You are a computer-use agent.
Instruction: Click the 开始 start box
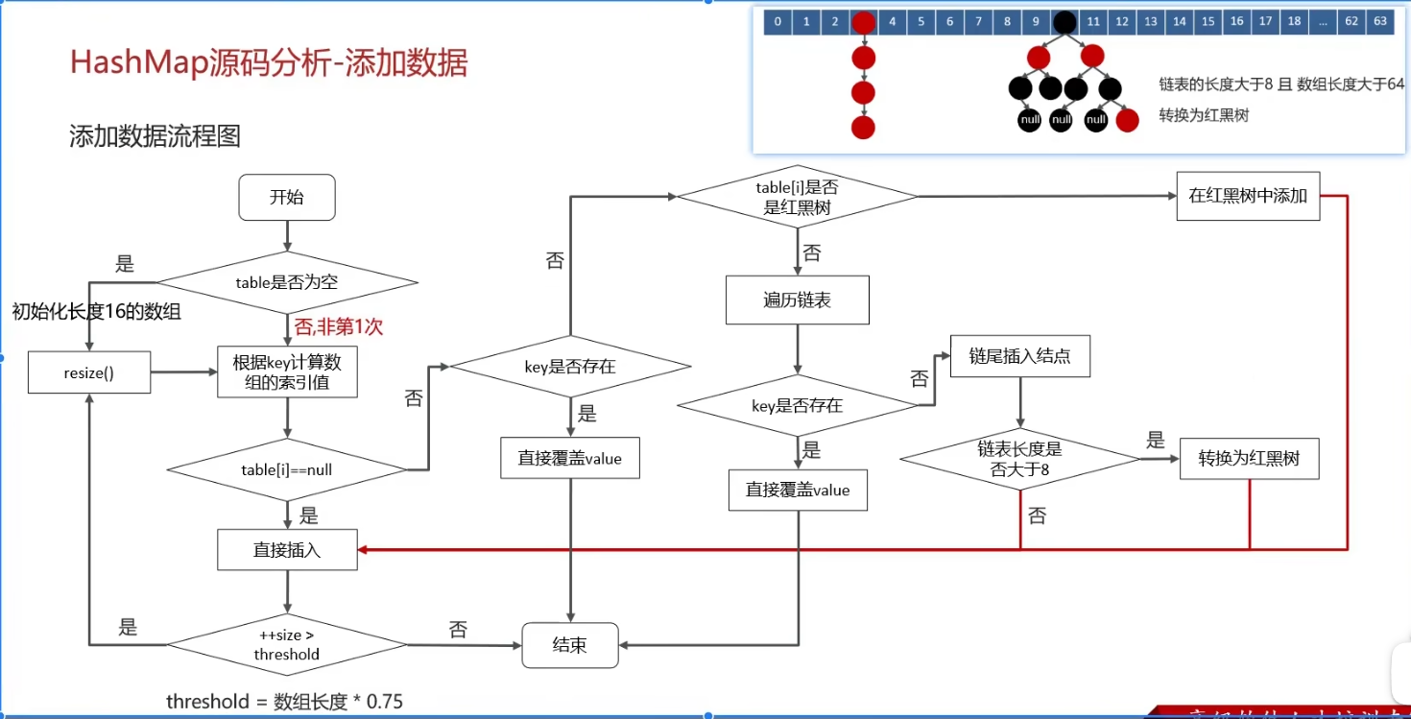(x=286, y=198)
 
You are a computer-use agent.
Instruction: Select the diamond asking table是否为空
(x=287, y=282)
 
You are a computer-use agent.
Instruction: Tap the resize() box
(x=89, y=373)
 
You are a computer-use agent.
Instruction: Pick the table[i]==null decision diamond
(x=287, y=470)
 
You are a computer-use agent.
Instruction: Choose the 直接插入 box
(x=287, y=550)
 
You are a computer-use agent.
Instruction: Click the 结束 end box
(x=570, y=645)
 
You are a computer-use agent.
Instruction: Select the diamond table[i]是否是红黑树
(x=797, y=197)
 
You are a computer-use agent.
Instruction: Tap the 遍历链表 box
(x=797, y=300)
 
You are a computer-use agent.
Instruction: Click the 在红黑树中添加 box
(x=1248, y=196)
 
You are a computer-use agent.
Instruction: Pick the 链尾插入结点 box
(x=1019, y=356)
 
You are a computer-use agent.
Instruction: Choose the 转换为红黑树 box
(x=1248, y=459)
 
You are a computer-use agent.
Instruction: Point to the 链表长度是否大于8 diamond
(x=1019, y=459)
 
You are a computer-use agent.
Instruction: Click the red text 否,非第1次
(x=338, y=327)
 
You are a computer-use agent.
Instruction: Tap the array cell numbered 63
(x=1380, y=21)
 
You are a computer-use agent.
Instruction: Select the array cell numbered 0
(x=777, y=21)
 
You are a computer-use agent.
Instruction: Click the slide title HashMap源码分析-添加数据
(x=269, y=63)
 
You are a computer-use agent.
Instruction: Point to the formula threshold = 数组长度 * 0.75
(x=284, y=702)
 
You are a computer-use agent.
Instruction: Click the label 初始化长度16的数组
(x=96, y=311)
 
